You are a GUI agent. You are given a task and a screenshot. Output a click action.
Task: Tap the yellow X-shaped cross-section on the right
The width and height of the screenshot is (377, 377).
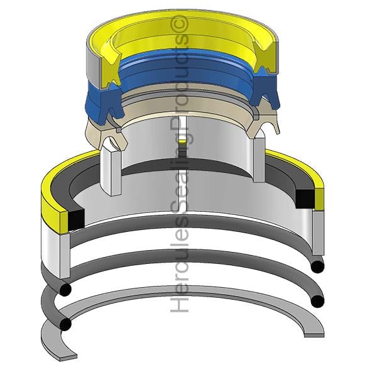coord(264,57)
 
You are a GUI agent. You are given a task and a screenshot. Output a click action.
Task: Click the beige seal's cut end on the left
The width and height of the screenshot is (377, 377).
coord(112,137)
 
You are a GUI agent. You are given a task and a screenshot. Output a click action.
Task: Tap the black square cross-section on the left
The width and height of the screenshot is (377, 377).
coord(77,219)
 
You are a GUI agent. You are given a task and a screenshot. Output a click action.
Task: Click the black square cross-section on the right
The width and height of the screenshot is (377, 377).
coord(305,199)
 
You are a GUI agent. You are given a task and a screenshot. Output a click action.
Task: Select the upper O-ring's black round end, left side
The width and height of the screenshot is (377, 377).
coord(65,289)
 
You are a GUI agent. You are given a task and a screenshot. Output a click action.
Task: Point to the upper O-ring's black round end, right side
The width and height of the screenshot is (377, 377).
coord(317,266)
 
